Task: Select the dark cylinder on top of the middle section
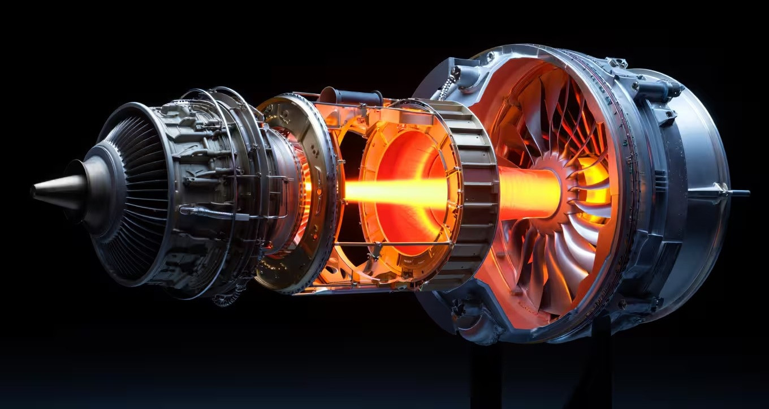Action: pos(351,97)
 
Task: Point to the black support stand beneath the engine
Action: pos(486,373)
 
